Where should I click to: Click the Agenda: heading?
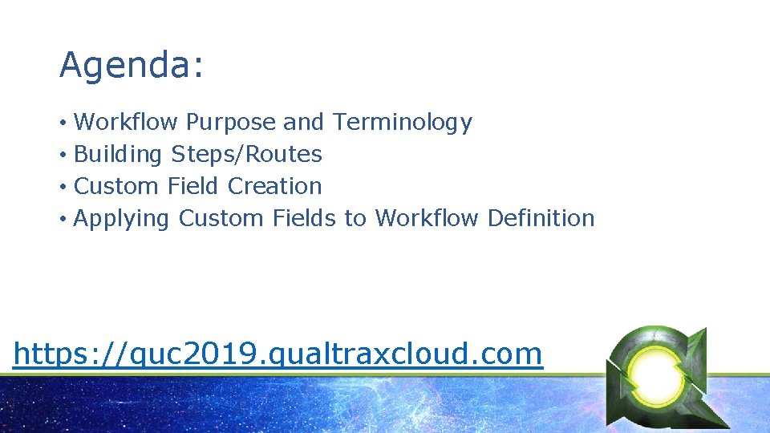(131, 66)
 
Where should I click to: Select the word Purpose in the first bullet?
(230, 123)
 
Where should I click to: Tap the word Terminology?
(403, 123)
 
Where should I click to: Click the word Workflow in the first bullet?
(126, 123)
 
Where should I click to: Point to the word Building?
(118, 154)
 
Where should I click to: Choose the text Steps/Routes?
(247, 154)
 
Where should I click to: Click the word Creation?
(274, 186)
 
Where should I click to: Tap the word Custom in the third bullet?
(117, 186)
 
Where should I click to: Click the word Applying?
(121, 219)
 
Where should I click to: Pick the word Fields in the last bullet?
(304, 218)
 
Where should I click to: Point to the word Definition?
(541, 218)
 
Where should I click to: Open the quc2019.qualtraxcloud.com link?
(278, 354)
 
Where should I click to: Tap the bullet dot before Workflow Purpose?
(63, 123)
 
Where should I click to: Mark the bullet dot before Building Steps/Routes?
(63, 155)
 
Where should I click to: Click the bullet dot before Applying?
(63, 219)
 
